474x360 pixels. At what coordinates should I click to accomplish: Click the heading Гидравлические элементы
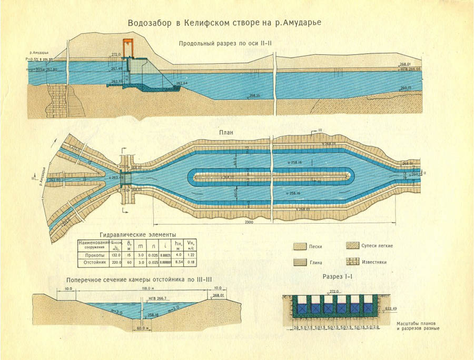click(137, 234)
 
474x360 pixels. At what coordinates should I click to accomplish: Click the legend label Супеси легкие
click(377, 246)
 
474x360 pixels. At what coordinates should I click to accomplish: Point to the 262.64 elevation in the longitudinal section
click(181, 83)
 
